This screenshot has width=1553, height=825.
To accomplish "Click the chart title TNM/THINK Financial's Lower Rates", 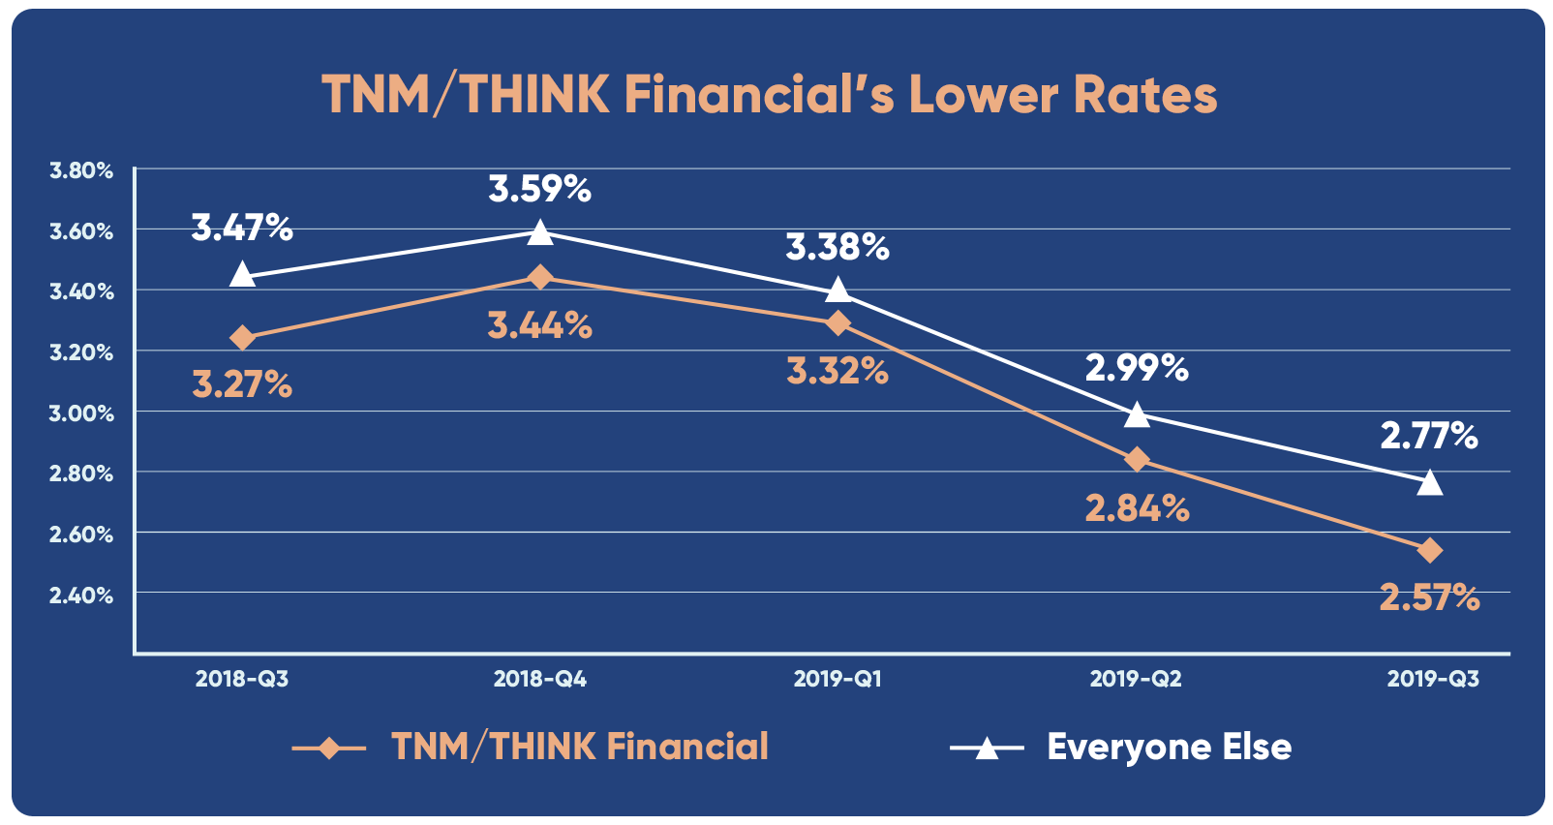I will (769, 95).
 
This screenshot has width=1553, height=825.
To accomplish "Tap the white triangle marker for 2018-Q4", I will (540, 232).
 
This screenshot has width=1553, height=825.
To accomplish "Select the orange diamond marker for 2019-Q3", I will (1429, 551).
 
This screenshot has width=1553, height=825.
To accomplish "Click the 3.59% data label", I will (539, 189).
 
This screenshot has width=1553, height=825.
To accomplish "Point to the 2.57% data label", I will (1429, 597).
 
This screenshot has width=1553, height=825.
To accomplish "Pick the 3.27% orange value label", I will (242, 385).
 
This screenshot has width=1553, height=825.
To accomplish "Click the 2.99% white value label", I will (1136, 368).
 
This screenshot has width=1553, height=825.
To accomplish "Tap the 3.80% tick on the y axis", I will (81, 171).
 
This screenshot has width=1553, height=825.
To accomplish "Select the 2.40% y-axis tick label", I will (81, 596).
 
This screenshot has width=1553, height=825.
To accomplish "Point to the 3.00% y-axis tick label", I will (81, 413).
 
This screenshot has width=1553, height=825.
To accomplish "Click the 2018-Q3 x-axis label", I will (242, 679).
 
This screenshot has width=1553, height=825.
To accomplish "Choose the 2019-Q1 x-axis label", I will (837, 679).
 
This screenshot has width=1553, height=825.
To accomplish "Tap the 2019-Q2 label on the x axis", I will (1136, 679).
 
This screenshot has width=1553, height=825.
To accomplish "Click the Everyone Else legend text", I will (1169, 748).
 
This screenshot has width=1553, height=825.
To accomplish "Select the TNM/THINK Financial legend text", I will (579, 748).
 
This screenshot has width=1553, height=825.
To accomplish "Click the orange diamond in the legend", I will (329, 749).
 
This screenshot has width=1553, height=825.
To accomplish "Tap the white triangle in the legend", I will (986, 749).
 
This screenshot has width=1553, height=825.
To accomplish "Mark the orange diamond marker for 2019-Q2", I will (1137, 459).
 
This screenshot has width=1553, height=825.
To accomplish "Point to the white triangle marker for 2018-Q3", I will (242, 275).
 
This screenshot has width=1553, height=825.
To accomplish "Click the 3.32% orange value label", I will (837, 371).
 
